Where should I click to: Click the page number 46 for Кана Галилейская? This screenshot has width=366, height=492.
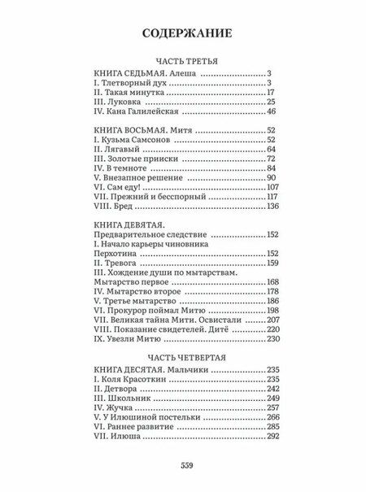coord(272,112)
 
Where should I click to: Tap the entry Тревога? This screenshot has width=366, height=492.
coord(120,263)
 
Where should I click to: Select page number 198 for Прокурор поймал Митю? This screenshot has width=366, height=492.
coord(269,311)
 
